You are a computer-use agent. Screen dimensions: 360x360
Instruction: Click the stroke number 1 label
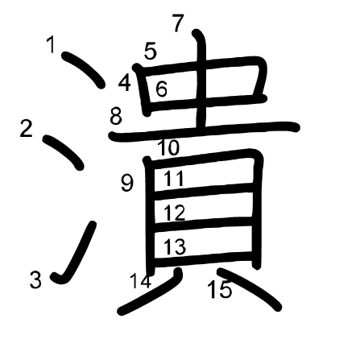tap(51, 45)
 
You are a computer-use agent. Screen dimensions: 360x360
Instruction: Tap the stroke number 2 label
tap(27, 129)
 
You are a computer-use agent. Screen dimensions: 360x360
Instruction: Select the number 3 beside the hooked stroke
tap(35, 280)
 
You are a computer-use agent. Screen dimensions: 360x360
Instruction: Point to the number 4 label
tap(125, 83)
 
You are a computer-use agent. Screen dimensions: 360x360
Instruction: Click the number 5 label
tap(151, 51)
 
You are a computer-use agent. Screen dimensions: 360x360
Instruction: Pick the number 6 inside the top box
tap(162, 89)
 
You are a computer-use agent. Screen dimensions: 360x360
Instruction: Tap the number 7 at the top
tap(178, 23)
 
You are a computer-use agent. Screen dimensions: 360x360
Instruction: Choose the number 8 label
tap(116, 116)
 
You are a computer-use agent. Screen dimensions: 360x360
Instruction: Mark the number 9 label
tap(127, 184)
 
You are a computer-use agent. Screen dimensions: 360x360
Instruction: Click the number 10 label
tap(168, 147)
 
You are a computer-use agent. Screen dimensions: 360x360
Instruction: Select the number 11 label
tap(174, 179)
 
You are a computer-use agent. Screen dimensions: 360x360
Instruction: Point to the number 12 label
tap(175, 213)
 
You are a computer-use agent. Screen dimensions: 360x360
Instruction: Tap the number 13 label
tap(175, 246)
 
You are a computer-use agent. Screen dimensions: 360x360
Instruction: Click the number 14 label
tap(141, 281)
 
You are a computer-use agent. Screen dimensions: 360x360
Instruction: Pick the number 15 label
tap(220, 289)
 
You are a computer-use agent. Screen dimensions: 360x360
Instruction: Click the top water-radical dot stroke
tap(83, 69)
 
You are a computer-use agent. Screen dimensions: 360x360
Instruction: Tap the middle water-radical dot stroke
tap(64, 152)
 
